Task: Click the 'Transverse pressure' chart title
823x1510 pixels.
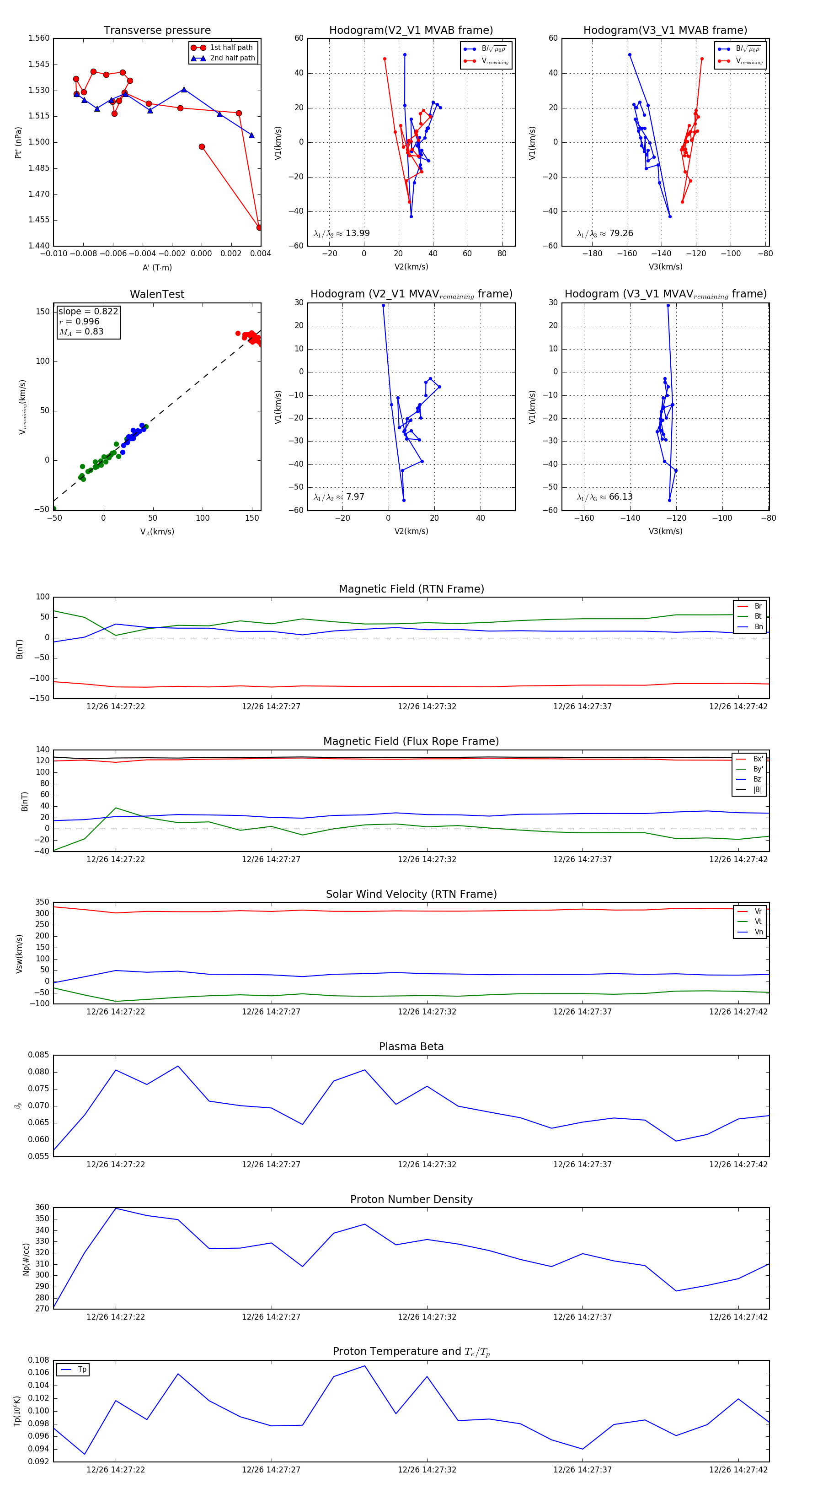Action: pos(157,31)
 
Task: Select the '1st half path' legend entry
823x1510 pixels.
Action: pos(231,48)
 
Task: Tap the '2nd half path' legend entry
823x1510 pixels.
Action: pos(232,58)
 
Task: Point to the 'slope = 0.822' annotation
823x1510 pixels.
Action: pos(88,311)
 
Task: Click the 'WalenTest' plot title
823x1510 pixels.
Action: pos(157,294)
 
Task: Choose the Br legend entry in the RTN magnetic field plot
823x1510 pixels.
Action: pos(758,606)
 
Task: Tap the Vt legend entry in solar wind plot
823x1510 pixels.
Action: pos(758,922)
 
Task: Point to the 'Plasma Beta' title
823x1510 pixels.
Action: pos(411,1047)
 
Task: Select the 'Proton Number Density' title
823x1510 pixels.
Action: pos(411,1199)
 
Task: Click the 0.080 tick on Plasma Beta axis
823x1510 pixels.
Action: pos(39,1072)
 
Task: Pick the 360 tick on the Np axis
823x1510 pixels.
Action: pos(42,1208)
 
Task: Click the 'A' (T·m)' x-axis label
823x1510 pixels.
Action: pos(157,268)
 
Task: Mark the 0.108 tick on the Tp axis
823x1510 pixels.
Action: pos(39,1360)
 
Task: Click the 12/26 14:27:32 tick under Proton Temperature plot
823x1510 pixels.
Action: pos(427,1470)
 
